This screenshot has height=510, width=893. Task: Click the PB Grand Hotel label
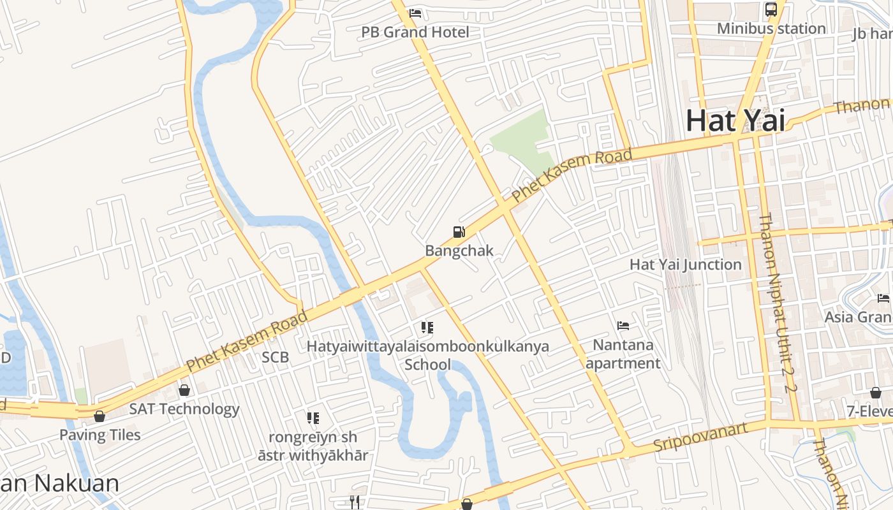coord(415,32)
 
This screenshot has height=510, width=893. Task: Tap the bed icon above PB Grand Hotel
coord(415,13)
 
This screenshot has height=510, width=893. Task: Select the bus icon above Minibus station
coord(771,10)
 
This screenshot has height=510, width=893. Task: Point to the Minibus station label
coord(771,29)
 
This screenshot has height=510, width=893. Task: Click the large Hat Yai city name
coord(735,120)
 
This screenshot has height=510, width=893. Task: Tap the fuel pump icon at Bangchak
coord(459,232)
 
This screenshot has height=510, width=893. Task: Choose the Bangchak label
coord(459,251)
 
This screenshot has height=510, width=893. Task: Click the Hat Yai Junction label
coord(686,265)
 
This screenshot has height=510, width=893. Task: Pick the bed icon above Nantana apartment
coord(623,326)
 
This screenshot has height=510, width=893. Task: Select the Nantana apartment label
coord(623,354)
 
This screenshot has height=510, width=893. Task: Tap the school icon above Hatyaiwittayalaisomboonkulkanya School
coord(427,328)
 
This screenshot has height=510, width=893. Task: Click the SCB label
coord(275,358)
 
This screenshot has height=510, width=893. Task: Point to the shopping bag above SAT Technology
coord(184,390)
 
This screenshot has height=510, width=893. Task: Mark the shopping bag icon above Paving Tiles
coord(100,416)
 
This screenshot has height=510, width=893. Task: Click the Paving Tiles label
coord(100,435)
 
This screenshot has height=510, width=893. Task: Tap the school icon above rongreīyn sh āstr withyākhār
coord(313,418)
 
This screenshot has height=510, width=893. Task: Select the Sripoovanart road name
coord(700,437)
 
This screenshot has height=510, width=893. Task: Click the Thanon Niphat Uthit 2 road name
coord(777,302)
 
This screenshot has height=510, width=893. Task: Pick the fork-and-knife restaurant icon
coord(355,502)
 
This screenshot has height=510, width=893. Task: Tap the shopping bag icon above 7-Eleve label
coord(876,393)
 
